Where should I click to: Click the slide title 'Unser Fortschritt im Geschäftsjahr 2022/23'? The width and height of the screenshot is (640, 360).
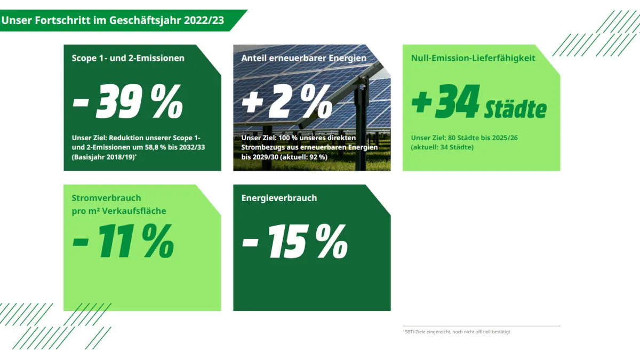pyautogui.click(x=113, y=21)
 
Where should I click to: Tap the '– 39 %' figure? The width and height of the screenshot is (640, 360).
pyautogui.click(x=127, y=102)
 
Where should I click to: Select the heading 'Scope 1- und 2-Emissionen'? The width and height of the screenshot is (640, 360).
pyautogui.click(x=128, y=58)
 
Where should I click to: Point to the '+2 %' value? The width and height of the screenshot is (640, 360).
pyautogui.click(x=287, y=102)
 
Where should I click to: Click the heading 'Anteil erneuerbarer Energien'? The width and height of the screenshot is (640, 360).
pyautogui.click(x=304, y=58)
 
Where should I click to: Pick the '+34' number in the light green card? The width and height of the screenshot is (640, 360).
pyautogui.click(x=445, y=102)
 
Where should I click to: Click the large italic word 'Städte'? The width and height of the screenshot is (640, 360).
pyautogui.click(x=515, y=109)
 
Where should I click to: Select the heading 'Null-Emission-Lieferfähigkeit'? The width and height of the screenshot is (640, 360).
pyautogui.click(x=473, y=58)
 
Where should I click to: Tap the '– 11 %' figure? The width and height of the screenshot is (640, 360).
pyautogui.click(x=123, y=241)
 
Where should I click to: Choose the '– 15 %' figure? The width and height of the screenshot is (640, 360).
pyautogui.click(x=294, y=241)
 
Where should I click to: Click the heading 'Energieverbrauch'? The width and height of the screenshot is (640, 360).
pyautogui.click(x=279, y=198)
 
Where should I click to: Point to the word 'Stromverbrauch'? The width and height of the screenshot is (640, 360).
pyautogui.click(x=106, y=198)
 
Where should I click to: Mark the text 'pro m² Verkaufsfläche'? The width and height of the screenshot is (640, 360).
pyautogui.click(x=119, y=211)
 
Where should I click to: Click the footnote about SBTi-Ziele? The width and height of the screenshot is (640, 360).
pyautogui.click(x=457, y=332)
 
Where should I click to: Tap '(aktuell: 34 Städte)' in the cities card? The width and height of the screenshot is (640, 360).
pyautogui.click(x=442, y=147)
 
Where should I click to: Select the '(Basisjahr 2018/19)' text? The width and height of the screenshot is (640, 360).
pyautogui.click(x=103, y=157)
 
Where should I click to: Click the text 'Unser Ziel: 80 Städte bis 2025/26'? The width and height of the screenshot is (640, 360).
pyautogui.click(x=465, y=138)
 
